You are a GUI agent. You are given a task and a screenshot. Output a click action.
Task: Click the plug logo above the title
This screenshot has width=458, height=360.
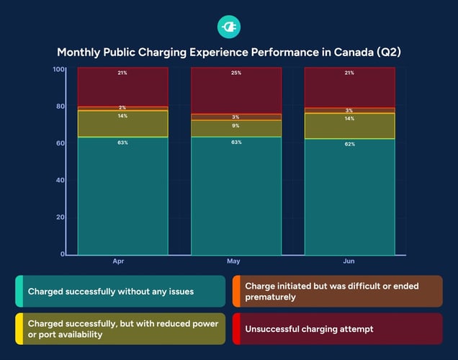(x=228, y=27)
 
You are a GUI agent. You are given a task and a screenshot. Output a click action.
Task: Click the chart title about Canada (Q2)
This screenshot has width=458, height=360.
(x=228, y=53)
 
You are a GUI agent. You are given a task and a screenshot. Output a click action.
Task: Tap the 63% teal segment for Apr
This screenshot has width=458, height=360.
(x=123, y=195)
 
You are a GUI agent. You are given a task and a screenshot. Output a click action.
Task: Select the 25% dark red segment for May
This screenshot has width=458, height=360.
(x=236, y=91)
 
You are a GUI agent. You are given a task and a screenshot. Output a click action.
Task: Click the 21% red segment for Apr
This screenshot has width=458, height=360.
(x=123, y=87)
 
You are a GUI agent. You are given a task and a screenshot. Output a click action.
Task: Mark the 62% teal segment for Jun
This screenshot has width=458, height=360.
(x=349, y=197)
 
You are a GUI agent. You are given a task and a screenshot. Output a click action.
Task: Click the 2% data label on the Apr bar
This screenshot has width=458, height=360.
(x=123, y=108)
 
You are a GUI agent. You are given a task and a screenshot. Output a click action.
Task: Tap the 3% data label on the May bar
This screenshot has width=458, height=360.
(x=236, y=117)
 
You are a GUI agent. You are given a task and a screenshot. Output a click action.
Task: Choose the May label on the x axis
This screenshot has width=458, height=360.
(x=233, y=261)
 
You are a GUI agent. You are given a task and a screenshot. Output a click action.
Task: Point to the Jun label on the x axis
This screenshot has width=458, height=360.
(x=349, y=261)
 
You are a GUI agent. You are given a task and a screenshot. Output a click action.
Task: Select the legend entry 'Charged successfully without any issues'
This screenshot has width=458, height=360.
(x=120, y=292)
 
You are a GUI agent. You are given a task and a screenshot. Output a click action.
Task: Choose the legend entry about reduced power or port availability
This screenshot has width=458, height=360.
(x=120, y=329)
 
